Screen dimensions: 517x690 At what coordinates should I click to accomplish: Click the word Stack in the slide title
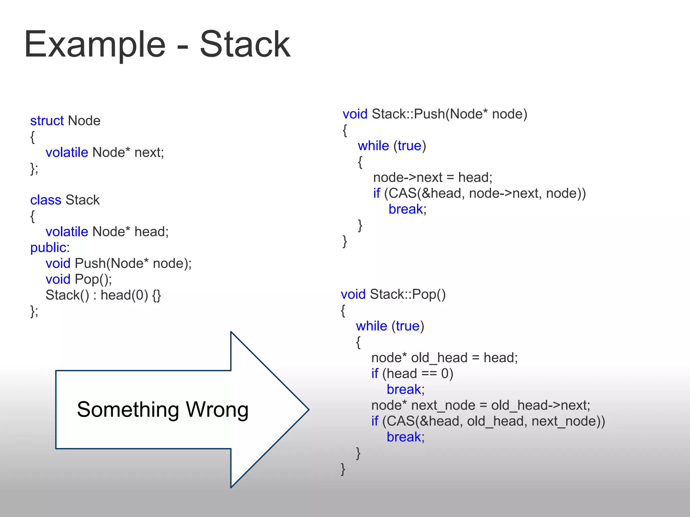pyautogui.click(x=245, y=45)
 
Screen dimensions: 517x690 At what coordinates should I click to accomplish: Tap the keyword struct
pyautogui.click(x=47, y=120)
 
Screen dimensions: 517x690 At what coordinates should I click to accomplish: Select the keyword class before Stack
pyautogui.click(x=45, y=200)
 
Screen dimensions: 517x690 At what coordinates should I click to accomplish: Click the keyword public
pyautogui.click(x=48, y=248)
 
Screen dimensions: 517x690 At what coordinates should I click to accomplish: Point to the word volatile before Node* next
pyautogui.click(x=67, y=152)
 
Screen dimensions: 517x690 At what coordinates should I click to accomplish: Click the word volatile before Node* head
pyautogui.click(x=67, y=232)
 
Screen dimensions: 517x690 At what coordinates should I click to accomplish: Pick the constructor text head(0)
pyautogui.click(x=124, y=295)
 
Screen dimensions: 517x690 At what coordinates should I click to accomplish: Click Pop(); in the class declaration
pyautogui.click(x=93, y=279)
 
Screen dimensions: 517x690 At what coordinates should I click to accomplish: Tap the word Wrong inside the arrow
pyautogui.click(x=217, y=410)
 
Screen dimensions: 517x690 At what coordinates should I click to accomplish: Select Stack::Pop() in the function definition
pyautogui.click(x=408, y=295)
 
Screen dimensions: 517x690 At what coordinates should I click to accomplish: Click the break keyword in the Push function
pyautogui.click(x=405, y=209)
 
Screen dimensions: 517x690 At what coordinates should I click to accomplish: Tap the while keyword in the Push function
pyautogui.click(x=373, y=146)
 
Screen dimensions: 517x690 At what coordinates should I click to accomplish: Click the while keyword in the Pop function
pyautogui.click(x=371, y=326)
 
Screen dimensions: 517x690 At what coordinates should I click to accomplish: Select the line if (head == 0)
pyautogui.click(x=412, y=374)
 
